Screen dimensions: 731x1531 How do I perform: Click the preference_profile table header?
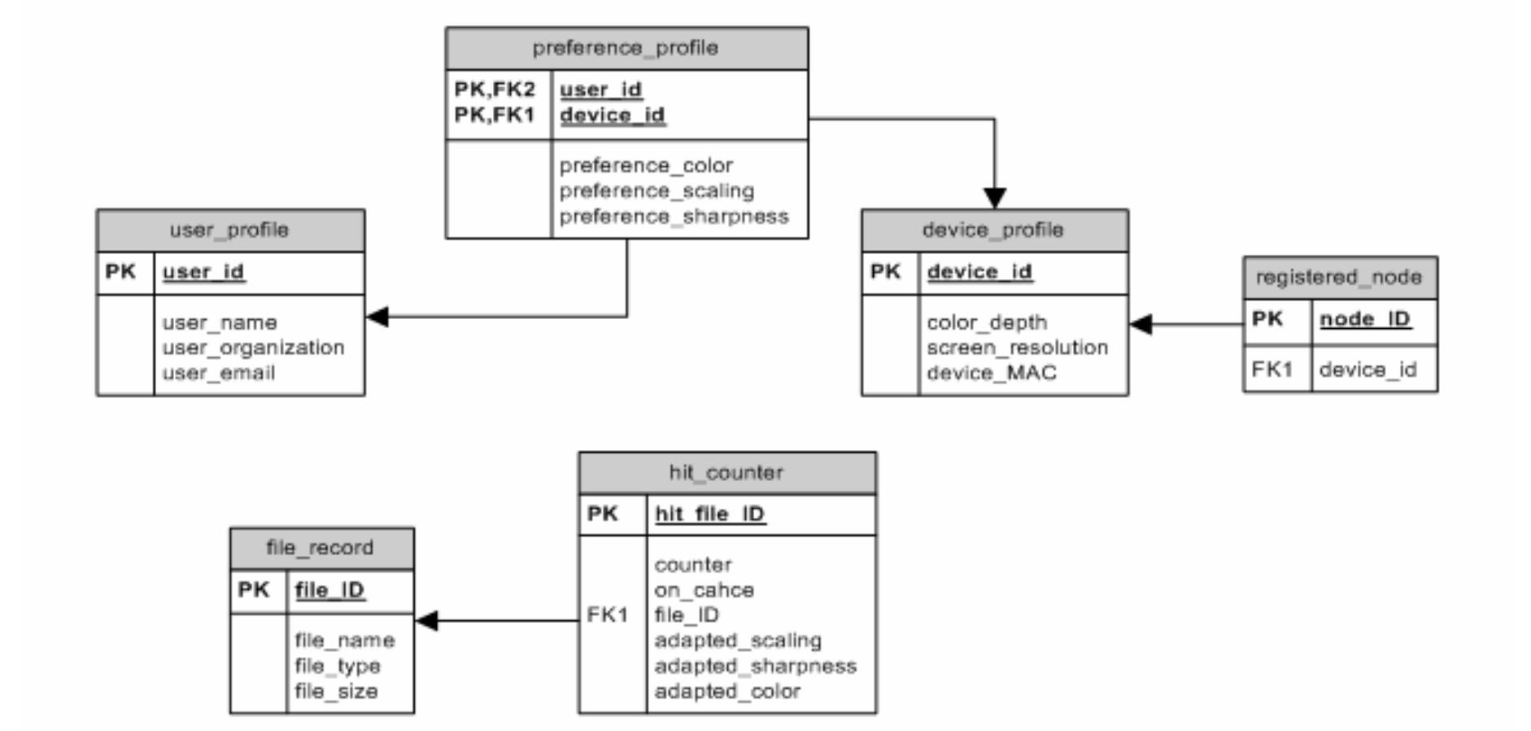[x=626, y=48]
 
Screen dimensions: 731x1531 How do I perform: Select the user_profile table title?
[x=229, y=230]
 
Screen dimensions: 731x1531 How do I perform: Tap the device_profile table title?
[x=993, y=230]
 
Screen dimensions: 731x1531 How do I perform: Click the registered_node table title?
[x=1339, y=278]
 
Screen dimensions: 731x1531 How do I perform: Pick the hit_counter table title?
[x=726, y=473]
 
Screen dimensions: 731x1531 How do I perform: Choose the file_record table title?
[x=321, y=548]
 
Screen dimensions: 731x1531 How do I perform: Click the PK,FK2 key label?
[x=495, y=89]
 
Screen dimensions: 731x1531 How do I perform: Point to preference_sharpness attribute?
[x=674, y=217]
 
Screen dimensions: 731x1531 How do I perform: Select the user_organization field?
[x=253, y=348]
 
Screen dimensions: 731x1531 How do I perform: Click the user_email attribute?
[x=218, y=373]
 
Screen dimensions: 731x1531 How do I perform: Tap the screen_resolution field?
[x=1017, y=348]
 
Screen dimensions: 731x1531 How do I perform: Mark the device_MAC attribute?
[x=991, y=373]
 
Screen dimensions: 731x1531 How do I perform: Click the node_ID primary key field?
[x=1364, y=319]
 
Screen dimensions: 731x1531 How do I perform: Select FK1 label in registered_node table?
[x=1272, y=370]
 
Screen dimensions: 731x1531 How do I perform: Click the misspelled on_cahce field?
[x=704, y=590]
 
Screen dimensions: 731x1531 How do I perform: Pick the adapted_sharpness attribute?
[x=755, y=666]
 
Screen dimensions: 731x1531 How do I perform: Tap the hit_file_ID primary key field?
[x=709, y=514]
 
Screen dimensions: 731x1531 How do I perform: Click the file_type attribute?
[x=337, y=666]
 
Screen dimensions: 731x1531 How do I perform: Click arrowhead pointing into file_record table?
[x=426, y=621]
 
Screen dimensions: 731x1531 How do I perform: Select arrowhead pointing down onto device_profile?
[x=994, y=198]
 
